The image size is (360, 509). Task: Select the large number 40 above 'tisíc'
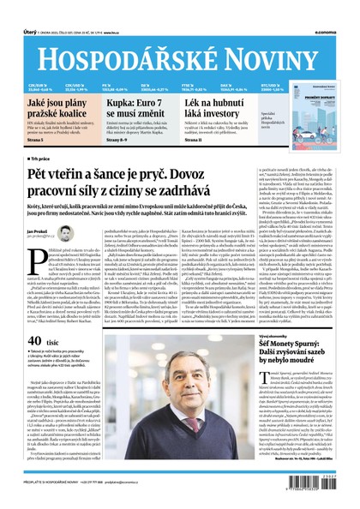pos(37,343)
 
